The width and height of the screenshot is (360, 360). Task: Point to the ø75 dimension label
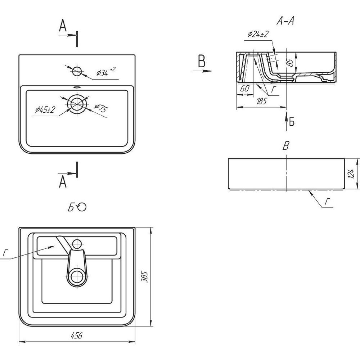click(x=100, y=108)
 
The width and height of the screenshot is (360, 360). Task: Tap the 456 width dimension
click(x=77, y=336)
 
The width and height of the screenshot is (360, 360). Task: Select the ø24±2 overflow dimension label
click(x=258, y=34)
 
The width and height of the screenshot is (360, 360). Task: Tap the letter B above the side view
click(x=286, y=146)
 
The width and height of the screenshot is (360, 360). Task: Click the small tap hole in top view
click(x=77, y=72)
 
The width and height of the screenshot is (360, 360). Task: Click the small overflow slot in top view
click(x=77, y=87)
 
